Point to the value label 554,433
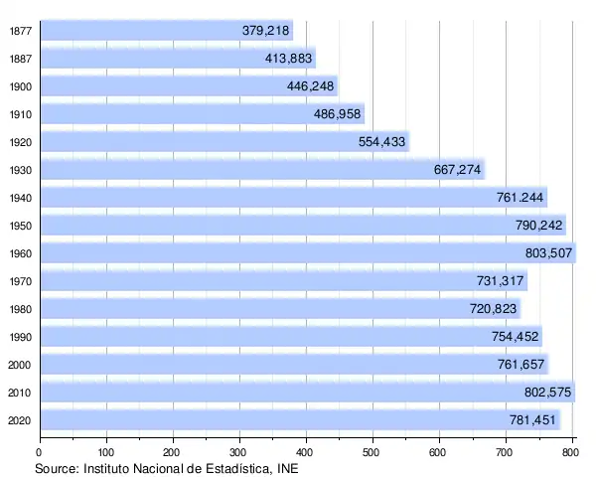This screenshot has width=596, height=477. coord(381,142)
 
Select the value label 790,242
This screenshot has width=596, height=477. coord(539,226)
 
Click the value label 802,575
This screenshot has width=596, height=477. coord(547,393)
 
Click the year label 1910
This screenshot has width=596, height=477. coord(19,114)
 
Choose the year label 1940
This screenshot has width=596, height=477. coord(19,198)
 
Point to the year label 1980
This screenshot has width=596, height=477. coord(19,309)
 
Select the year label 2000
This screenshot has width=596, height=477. coord(19,365)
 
